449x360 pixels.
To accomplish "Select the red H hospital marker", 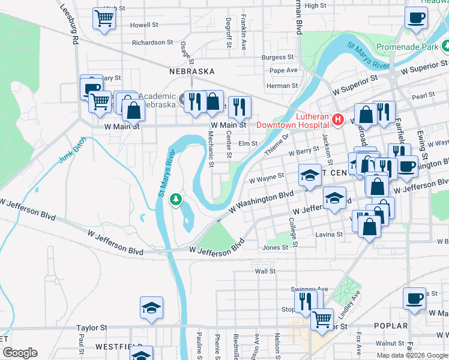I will tap(337, 120).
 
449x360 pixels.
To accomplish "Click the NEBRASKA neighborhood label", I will tap(192, 71).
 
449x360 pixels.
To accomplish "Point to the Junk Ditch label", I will tap(73, 151).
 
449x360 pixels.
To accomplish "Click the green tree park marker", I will tap(175, 198).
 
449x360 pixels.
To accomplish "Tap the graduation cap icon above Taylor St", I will tap(151, 308).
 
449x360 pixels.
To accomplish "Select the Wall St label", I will tap(265, 271).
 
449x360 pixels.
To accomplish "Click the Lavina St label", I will tap(330, 234).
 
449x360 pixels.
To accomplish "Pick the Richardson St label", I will tap(152, 43).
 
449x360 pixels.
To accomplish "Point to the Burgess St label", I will tap(278, 58).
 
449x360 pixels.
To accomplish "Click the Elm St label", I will tap(248, 144).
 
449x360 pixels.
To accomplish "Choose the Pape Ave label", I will tap(283, 70).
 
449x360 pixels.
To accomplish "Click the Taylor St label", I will tap(91, 328).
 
